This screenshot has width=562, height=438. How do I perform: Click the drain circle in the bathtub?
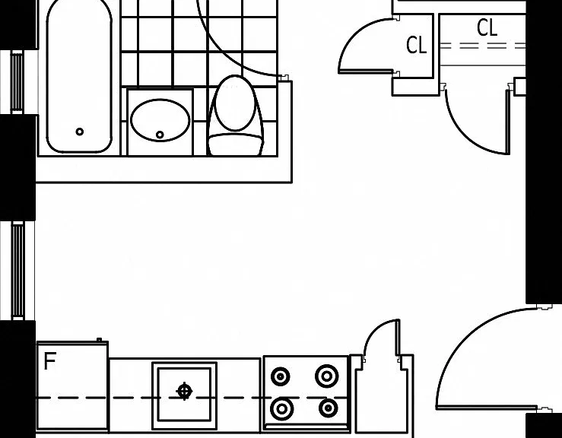pyautogui.click(x=80, y=132)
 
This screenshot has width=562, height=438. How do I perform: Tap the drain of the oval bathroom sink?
pyautogui.click(x=160, y=135)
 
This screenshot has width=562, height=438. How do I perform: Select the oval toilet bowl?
pyautogui.click(x=235, y=103)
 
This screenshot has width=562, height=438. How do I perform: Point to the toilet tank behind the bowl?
pyautogui.click(x=236, y=144)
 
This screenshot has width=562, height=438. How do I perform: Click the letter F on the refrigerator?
pyautogui.click(x=50, y=361)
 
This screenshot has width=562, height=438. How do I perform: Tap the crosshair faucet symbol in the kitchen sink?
pyautogui.click(x=185, y=391)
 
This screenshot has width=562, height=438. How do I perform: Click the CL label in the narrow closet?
pyautogui.click(x=416, y=46)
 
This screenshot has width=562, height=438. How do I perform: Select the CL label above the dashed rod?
pyautogui.click(x=487, y=27)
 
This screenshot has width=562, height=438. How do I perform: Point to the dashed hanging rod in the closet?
pyautogui.click(x=483, y=46)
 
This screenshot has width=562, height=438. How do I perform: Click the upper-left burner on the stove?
pyautogui.click(x=281, y=376)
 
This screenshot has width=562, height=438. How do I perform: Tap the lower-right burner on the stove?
pyautogui.click(x=328, y=408)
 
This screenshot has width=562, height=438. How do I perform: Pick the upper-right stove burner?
pyautogui.click(x=326, y=376)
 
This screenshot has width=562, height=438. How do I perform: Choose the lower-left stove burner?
pyautogui.click(x=281, y=408)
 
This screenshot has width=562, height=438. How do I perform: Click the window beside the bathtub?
pyautogui.click(x=17, y=81)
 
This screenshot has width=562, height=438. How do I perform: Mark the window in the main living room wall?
pyautogui.click(x=17, y=271)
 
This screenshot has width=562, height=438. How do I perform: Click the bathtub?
pyautogui.click(x=79, y=75)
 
